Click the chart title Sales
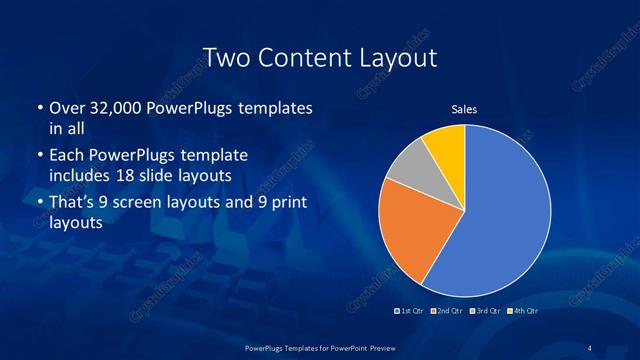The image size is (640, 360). click(464, 109)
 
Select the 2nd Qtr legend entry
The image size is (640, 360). click(446, 311)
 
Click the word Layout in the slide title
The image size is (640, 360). click(403, 58)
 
